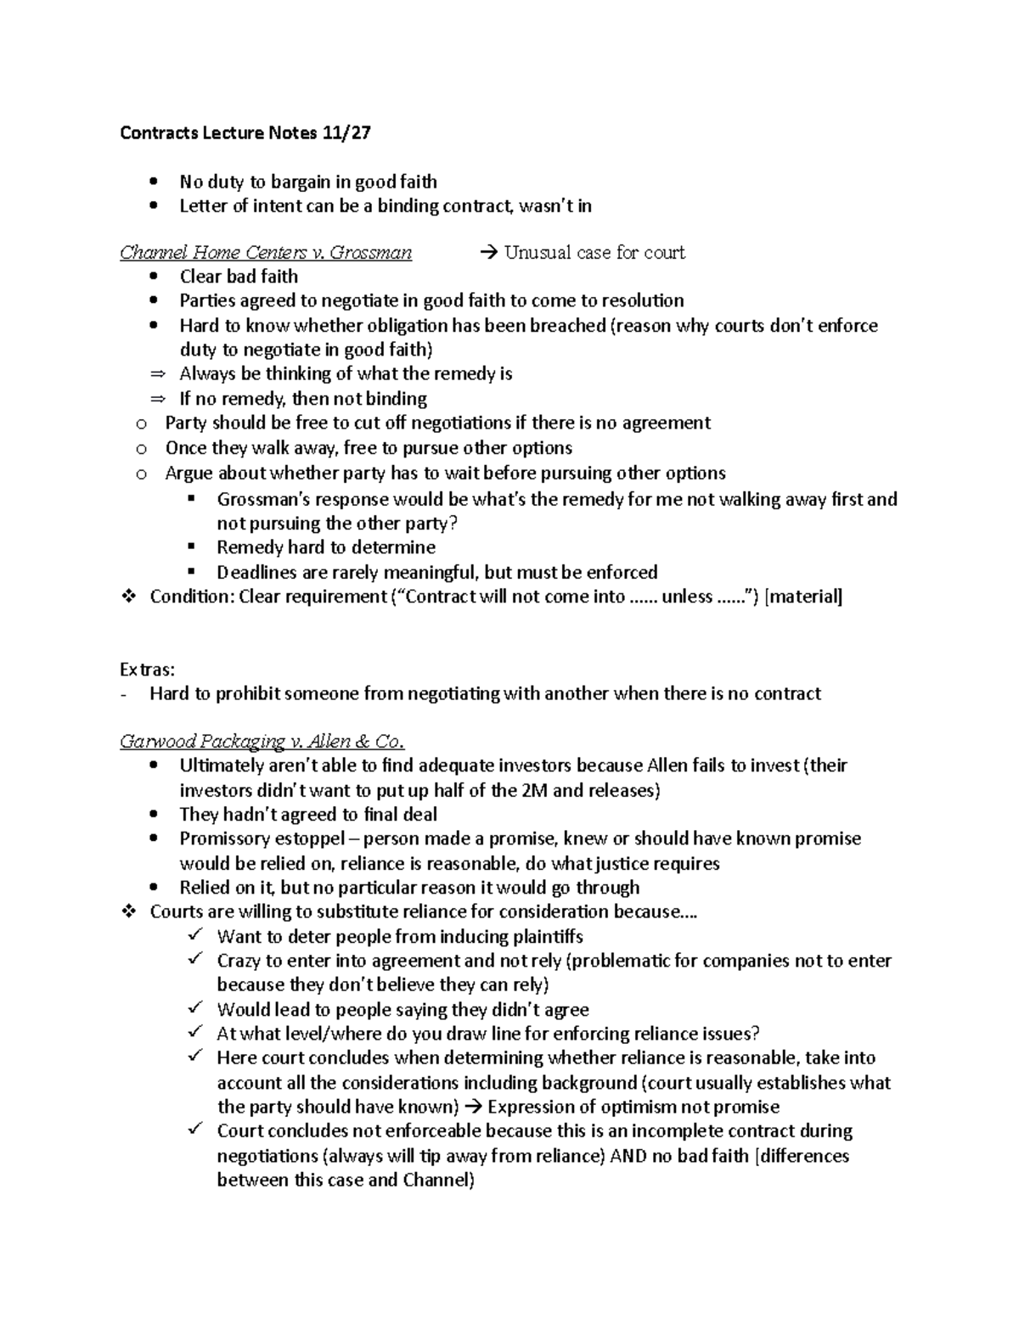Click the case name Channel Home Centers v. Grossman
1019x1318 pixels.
tap(266, 252)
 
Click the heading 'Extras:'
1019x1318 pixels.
tap(147, 670)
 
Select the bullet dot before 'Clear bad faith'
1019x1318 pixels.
tap(153, 277)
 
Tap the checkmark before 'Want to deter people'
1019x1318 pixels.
tap(195, 935)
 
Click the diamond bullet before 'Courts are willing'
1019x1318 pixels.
tap(129, 911)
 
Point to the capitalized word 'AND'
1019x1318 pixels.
tap(628, 1155)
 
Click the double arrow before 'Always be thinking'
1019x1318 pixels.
tap(155, 374)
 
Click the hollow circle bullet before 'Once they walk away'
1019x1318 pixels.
tap(141, 448)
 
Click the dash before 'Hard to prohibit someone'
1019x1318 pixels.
tap(125, 694)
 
